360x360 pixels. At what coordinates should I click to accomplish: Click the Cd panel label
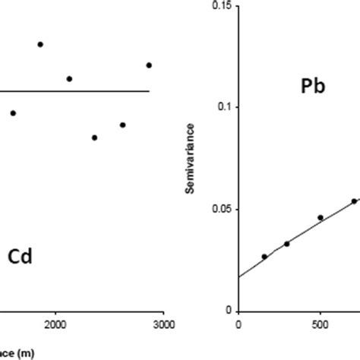click(19, 256)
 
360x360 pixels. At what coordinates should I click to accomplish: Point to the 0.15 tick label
click(220, 6)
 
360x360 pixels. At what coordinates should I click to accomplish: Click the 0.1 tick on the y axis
click(223, 107)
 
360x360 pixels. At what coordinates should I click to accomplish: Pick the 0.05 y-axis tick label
click(220, 209)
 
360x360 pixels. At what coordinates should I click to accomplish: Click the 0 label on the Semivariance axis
click(229, 311)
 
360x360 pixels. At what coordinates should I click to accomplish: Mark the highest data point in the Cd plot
click(40, 44)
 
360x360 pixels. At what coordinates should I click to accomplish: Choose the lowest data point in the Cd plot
click(94, 137)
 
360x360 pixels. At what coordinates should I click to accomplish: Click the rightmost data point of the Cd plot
click(149, 65)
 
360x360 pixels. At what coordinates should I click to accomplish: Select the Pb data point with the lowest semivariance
click(264, 256)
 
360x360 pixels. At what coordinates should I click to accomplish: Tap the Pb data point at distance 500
click(320, 217)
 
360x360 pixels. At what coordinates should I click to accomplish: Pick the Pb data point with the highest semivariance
click(354, 201)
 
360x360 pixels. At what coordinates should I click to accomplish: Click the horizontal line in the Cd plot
click(76, 91)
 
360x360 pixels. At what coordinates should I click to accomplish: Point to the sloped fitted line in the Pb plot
click(296, 233)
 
